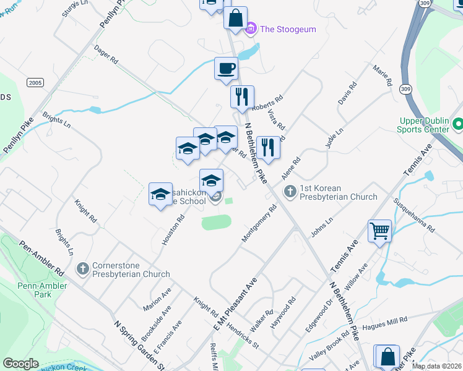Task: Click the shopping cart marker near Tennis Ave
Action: click(379, 232)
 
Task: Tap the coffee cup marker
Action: click(226, 67)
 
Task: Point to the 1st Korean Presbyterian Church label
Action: click(338, 192)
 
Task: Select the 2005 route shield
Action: click(35, 82)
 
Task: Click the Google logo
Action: click(20, 363)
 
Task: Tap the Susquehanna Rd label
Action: click(415, 216)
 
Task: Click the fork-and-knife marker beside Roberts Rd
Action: click(242, 96)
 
